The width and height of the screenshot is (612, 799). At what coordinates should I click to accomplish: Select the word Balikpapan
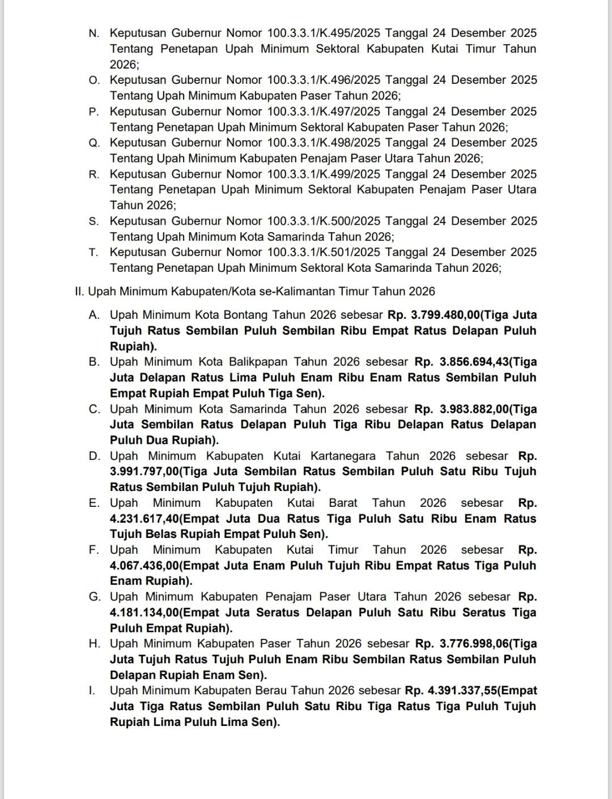tap(259, 362)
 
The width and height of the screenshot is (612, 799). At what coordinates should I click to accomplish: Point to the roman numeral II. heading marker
tap(79, 292)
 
